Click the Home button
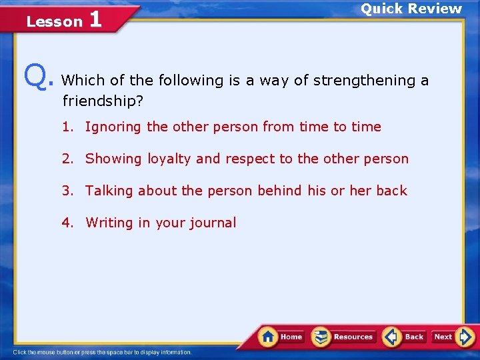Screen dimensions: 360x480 [x=281, y=337]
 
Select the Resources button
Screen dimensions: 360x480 [x=344, y=337]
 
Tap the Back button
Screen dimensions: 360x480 [x=405, y=337]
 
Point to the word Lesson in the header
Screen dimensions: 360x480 [x=54, y=22]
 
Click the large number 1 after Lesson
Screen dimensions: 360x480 [x=95, y=19]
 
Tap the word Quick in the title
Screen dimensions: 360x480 [x=381, y=9]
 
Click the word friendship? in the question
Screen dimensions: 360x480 [x=103, y=102]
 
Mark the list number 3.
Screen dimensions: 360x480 [x=68, y=191]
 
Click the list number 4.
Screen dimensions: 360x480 [x=68, y=223]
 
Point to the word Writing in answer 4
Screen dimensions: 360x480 [x=109, y=223]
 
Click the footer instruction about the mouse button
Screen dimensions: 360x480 [x=102, y=352]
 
